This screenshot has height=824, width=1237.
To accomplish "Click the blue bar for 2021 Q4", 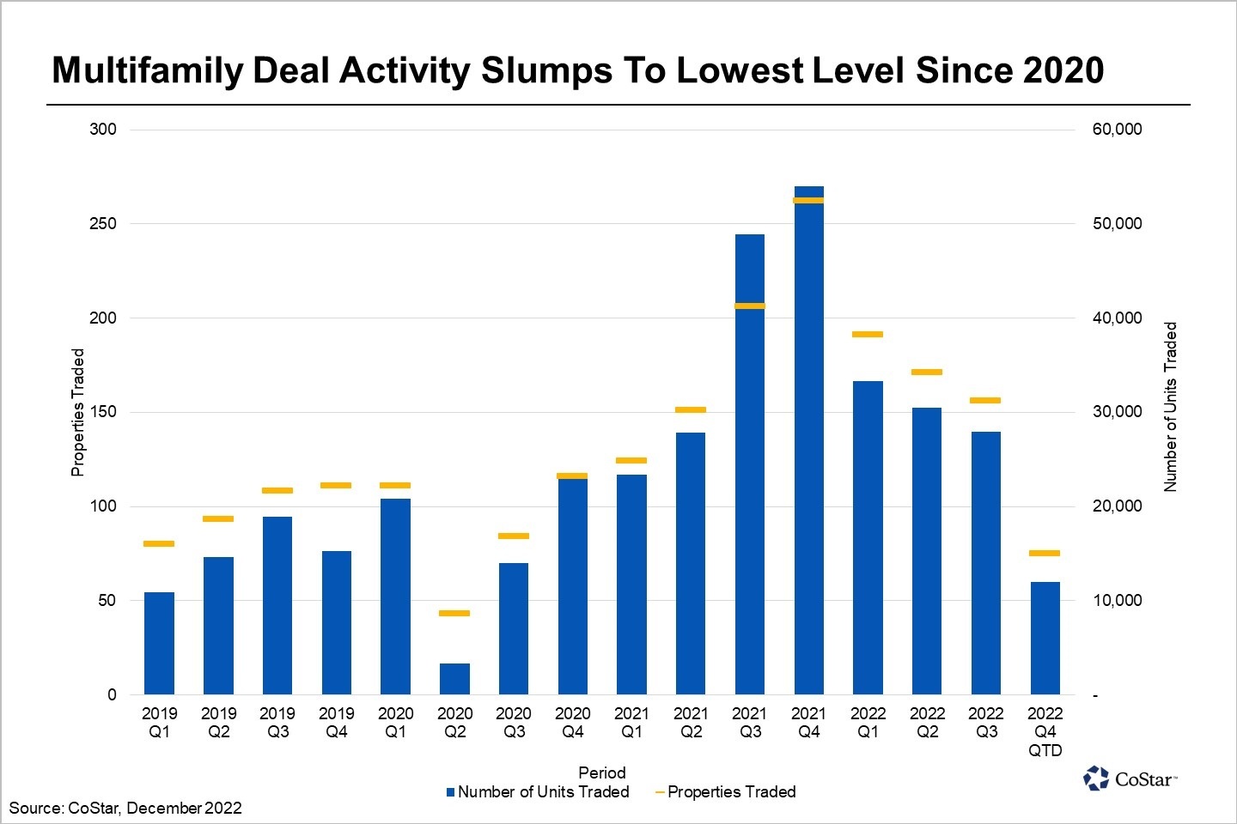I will pos(808,446).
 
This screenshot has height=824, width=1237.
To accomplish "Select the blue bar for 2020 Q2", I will pos(454,678).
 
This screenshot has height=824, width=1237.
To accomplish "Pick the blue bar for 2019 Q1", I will pos(159,643).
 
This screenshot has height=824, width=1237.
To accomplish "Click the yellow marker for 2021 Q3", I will pos(750,306).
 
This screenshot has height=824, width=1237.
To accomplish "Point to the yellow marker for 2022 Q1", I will pos(868,334).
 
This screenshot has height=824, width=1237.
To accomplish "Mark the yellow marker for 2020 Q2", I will pos(454,613).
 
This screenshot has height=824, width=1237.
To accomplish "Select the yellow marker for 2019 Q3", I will pos(277,490).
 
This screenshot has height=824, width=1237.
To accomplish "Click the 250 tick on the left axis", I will pos(103,223).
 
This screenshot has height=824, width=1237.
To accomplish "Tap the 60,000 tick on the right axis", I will pos(1117,129).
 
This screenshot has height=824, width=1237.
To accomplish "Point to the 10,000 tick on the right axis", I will pos(1117,600).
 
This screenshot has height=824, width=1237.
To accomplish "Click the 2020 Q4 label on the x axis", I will pos(572,722).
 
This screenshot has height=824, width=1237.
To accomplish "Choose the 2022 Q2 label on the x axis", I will pos(927,722).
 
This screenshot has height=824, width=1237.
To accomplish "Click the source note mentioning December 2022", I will pos(125,808).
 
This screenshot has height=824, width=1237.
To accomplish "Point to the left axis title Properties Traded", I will pos(78,412).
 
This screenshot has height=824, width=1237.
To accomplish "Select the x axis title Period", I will pos(601,772).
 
